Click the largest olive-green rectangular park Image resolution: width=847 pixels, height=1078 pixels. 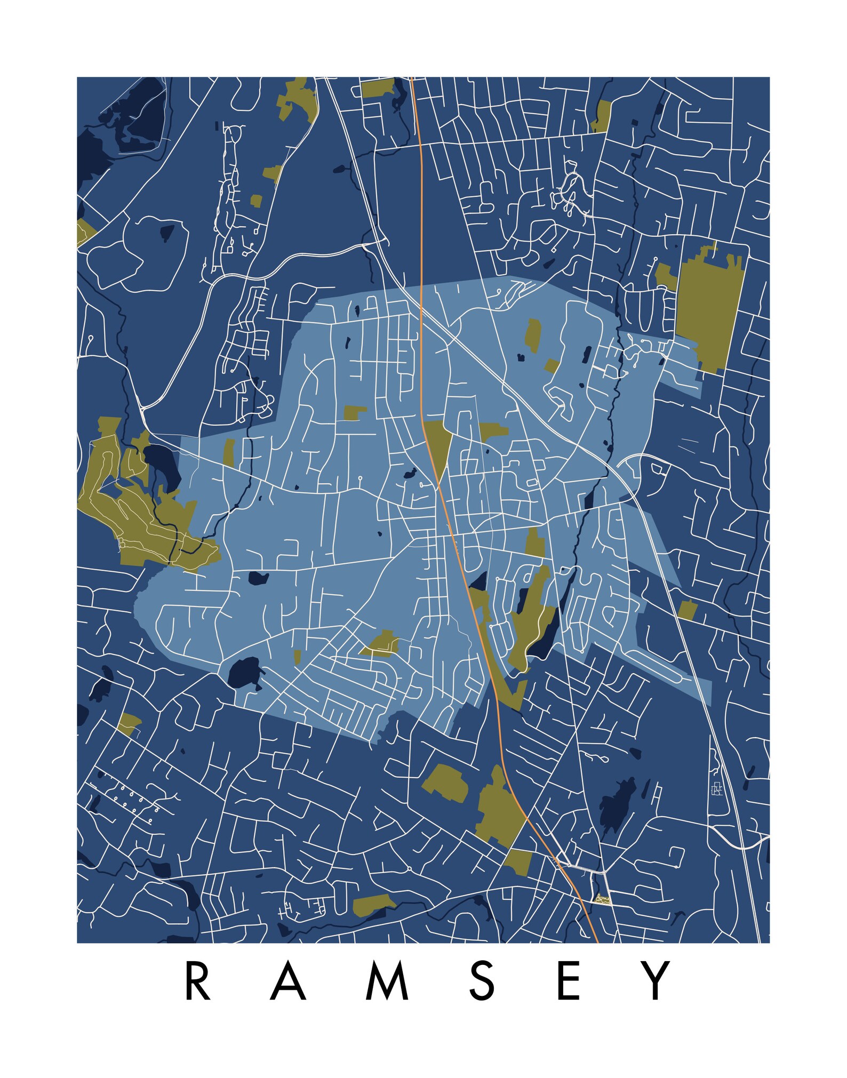(709, 309)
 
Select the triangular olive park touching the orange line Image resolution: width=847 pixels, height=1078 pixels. (438, 442)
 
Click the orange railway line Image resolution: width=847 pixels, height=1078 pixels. (421, 267)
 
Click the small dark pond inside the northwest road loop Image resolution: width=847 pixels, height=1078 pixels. (167, 233)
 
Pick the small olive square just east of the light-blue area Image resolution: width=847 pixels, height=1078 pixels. (688, 610)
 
